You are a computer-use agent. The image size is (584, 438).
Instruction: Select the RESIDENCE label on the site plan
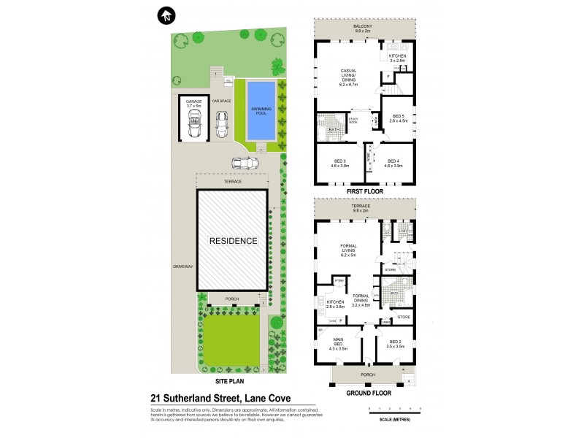234,240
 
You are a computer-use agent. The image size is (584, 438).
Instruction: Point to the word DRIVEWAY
183,266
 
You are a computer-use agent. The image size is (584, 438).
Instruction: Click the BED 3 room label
339,163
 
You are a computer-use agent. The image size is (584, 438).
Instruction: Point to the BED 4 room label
393,163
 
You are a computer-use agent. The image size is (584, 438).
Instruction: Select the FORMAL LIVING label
353,251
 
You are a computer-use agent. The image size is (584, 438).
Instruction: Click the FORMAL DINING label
361,300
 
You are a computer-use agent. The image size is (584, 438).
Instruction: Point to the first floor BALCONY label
363,27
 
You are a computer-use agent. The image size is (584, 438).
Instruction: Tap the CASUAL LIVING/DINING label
352,76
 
